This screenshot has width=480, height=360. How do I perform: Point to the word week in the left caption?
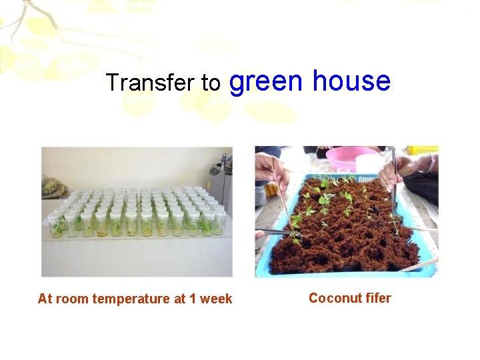(x=216, y=299)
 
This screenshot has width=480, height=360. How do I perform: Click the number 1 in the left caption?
(x=193, y=299)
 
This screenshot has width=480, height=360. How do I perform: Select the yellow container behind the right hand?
(x=423, y=150)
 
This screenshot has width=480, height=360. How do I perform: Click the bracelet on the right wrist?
(x=431, y=163)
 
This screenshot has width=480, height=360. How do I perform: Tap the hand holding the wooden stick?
(x=272, y=172)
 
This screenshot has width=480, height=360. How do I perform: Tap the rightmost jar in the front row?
(x=219, y=223)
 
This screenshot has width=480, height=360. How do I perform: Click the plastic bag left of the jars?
(x=52, y=188)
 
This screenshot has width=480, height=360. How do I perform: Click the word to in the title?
(x=211, y=83)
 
